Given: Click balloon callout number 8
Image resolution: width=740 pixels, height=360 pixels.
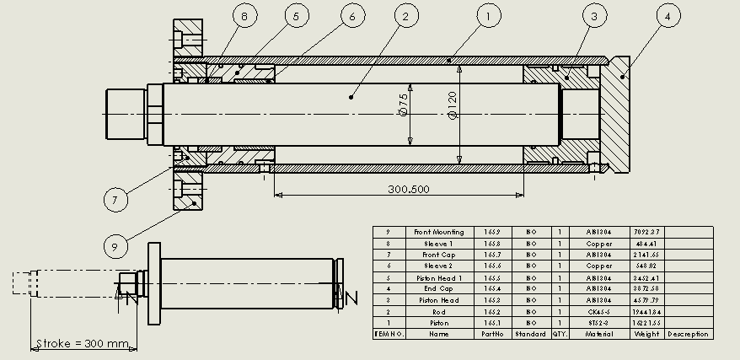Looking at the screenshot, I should point(245,16).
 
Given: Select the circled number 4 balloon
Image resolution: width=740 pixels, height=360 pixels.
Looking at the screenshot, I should point(668,16).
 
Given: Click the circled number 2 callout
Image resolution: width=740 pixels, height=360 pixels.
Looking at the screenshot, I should point(405,16).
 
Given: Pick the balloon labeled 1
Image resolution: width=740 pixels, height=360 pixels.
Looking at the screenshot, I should point(489,16).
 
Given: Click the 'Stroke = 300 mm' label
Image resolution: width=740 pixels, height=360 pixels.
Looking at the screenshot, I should point(83,344).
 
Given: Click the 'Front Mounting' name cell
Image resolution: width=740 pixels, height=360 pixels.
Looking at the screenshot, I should point(434,232).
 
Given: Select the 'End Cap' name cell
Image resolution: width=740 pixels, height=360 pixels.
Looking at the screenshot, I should point(434,288).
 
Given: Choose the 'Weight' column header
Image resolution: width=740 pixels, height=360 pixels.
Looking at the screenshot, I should point(647,334).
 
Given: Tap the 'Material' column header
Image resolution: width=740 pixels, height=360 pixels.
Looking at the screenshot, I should point(598,334).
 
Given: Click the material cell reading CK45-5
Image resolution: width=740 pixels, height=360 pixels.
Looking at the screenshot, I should point(598,311).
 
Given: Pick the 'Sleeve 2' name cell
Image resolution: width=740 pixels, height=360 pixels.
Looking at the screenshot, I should point(434,266).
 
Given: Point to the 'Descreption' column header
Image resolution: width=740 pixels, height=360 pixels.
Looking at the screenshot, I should point(689,334).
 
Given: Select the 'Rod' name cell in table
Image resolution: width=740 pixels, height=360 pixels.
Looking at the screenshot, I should point(434,311).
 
